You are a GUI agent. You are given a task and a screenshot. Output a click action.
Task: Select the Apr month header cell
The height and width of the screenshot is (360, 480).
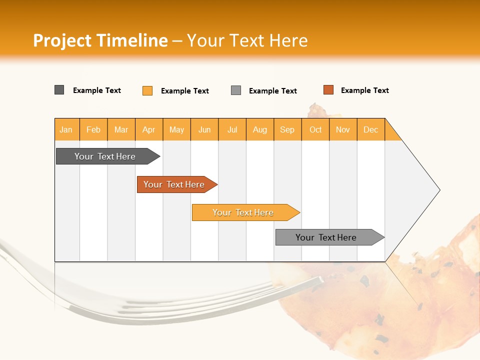tap(149, 129)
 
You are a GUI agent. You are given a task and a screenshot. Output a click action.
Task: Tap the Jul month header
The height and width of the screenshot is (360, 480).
tap(232, 129)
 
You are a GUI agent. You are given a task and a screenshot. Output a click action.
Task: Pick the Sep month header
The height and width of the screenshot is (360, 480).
tap(287, 129)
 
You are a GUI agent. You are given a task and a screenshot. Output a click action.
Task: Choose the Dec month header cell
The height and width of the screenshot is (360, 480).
tap(370, 129)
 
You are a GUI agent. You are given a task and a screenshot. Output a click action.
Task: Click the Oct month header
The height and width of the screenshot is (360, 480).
tap(315, 129)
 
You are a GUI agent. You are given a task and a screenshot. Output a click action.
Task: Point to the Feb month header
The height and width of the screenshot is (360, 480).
tap(93, 129)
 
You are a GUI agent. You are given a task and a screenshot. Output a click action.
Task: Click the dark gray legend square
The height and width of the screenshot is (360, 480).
tap(59, 90)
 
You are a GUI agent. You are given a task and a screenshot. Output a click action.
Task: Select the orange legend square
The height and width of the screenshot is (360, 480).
tap(147, 90)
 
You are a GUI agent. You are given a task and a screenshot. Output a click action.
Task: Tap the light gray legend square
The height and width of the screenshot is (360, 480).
tap(236, 90)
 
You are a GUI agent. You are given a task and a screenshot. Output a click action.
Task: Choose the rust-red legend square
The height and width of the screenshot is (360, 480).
tap(328, 90)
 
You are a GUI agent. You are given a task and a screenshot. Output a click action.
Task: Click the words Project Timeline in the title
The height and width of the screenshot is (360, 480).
tap(100, 40)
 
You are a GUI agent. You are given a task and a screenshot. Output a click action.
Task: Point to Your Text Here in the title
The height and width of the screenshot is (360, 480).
tap(247, 40)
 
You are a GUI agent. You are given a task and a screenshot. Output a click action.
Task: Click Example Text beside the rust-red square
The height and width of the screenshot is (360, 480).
tap(364, 90)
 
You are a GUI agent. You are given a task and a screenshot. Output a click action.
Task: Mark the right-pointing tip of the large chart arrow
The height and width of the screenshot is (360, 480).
tap(438, 190)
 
